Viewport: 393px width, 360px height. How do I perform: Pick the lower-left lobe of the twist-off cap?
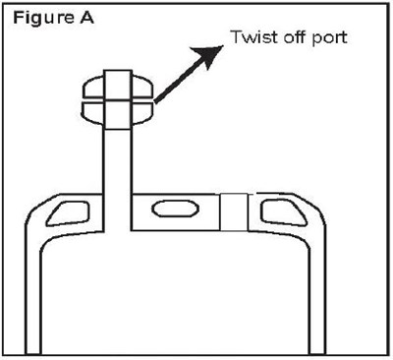pyautogui.click(x=96, y=109)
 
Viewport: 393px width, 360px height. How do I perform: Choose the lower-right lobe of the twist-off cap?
pyautogui.click(x=141, y=109)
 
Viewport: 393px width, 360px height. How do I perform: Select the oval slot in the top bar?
pyautogui.click(x=178, y=210)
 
